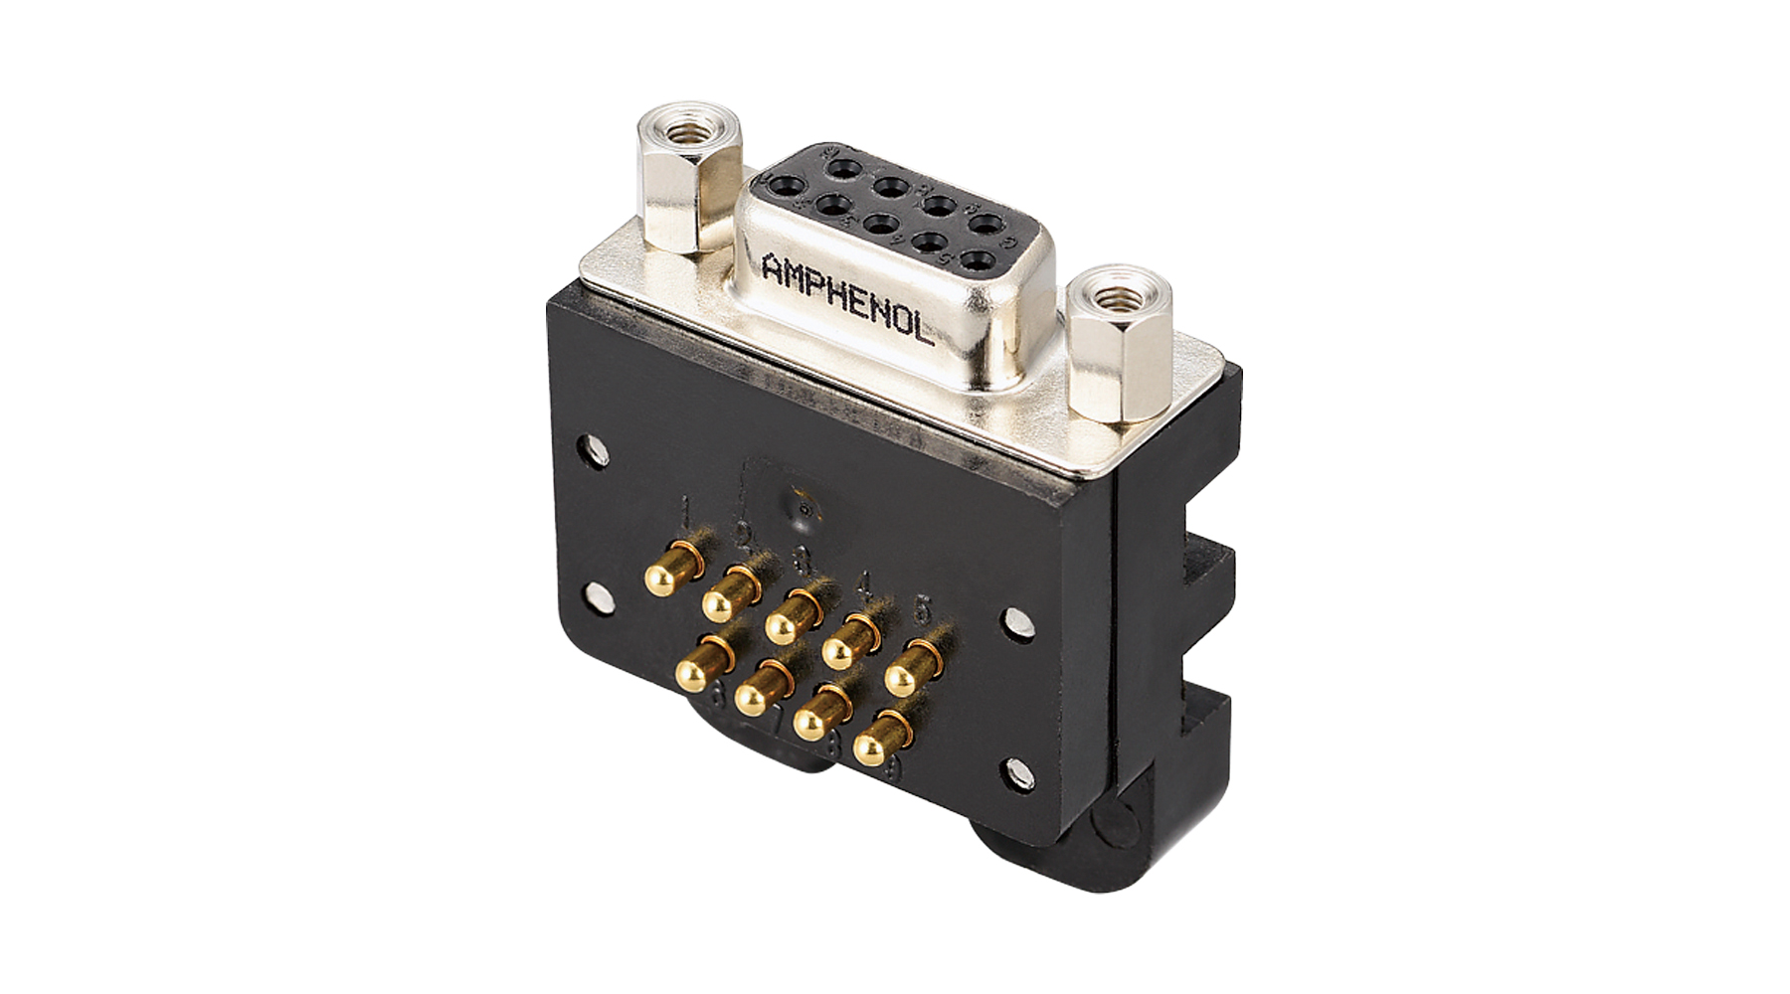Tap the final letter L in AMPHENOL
pos(924,333)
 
